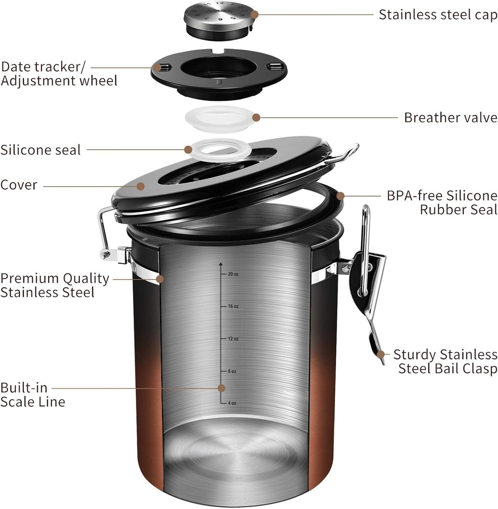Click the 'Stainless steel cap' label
click(438, 15)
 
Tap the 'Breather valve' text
click(450, 118)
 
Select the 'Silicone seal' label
click(41, 150)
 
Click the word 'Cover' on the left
click(19, 185)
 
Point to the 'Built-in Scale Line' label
click(32, 395)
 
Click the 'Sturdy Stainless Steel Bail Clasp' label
click(445, 361)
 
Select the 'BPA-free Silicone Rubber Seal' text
click(442, 203)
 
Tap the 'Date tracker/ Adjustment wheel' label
click(59, 74)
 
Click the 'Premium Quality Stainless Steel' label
click(54, 285)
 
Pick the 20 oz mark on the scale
click(233, 274)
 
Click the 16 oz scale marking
click(233, 306)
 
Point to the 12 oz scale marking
click(233, 339)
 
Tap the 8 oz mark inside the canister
click(232, 371)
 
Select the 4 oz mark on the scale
click(232, 403)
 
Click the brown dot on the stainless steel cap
click(254, 15)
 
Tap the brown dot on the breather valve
click(256, 118)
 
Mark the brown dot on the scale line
click(222, 388)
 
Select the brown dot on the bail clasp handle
click(381, 354)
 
